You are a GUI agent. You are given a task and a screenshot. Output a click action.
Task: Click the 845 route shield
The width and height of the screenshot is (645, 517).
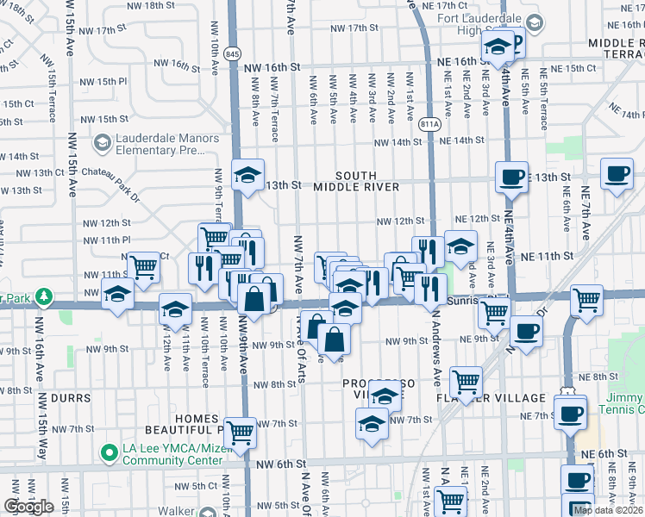[233, 53]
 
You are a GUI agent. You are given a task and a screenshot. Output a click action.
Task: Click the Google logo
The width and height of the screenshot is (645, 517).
[28, 507]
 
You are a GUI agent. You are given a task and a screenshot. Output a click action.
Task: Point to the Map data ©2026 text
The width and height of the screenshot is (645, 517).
[608, 510]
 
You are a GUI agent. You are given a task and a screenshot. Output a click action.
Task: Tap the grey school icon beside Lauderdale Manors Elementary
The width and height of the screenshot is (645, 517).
[103, 142]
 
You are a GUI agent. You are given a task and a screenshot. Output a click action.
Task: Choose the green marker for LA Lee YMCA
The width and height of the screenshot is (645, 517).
[109, 452]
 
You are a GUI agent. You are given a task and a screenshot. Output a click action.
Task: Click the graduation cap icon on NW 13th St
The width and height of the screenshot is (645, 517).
[247, 175]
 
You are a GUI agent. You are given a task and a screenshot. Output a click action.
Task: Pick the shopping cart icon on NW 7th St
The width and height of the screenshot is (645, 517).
[241, 432]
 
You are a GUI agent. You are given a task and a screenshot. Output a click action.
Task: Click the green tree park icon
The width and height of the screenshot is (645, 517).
[40, 297]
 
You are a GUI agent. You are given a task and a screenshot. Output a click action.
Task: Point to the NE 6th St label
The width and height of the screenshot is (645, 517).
[603, 453]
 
